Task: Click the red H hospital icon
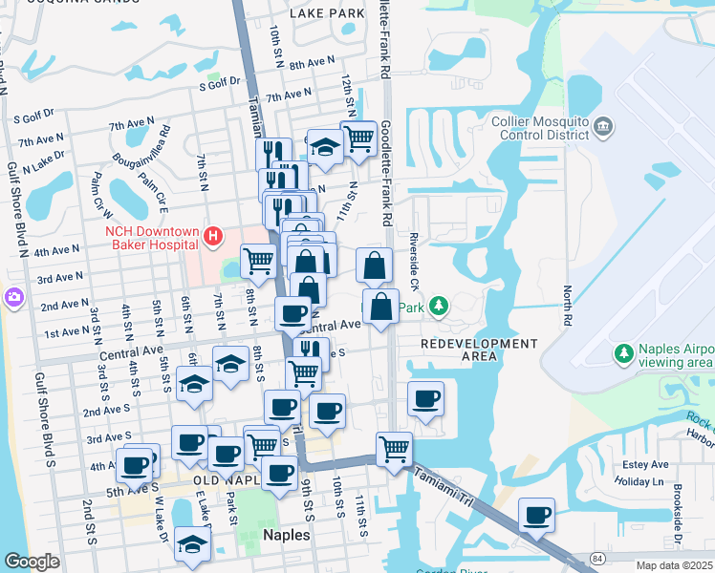tap(213, 235)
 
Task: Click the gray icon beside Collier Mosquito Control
tap(603, 126)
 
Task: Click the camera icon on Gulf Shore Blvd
tap(13, 296)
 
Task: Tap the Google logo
tap(32, 562)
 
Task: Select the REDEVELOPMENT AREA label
tap(479, 350)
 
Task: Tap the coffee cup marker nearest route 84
tap(536, 515)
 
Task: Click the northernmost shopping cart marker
tap(357, 137)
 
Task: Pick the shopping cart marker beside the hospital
tap(257, 259)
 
